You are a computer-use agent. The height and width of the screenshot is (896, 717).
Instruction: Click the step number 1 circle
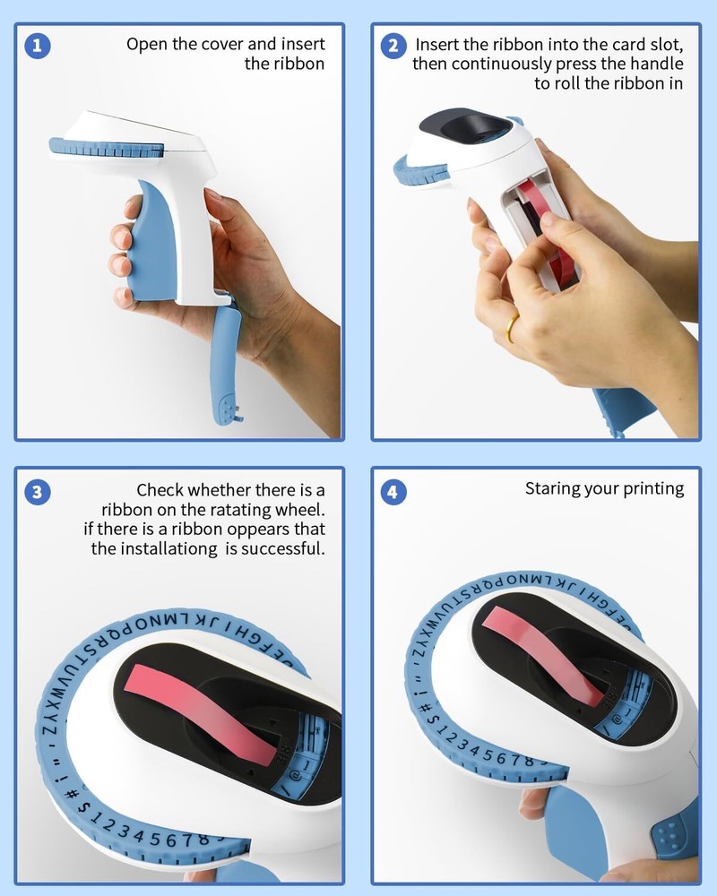tap(38, 46)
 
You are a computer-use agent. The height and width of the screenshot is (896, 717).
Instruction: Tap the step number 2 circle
tap(393, 46)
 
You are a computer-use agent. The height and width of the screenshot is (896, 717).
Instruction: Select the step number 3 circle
tap(38, 492)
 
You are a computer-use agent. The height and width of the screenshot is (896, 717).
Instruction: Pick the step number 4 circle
tap(393, 492)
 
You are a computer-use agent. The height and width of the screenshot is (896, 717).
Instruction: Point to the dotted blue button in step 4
tap(672, 837)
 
